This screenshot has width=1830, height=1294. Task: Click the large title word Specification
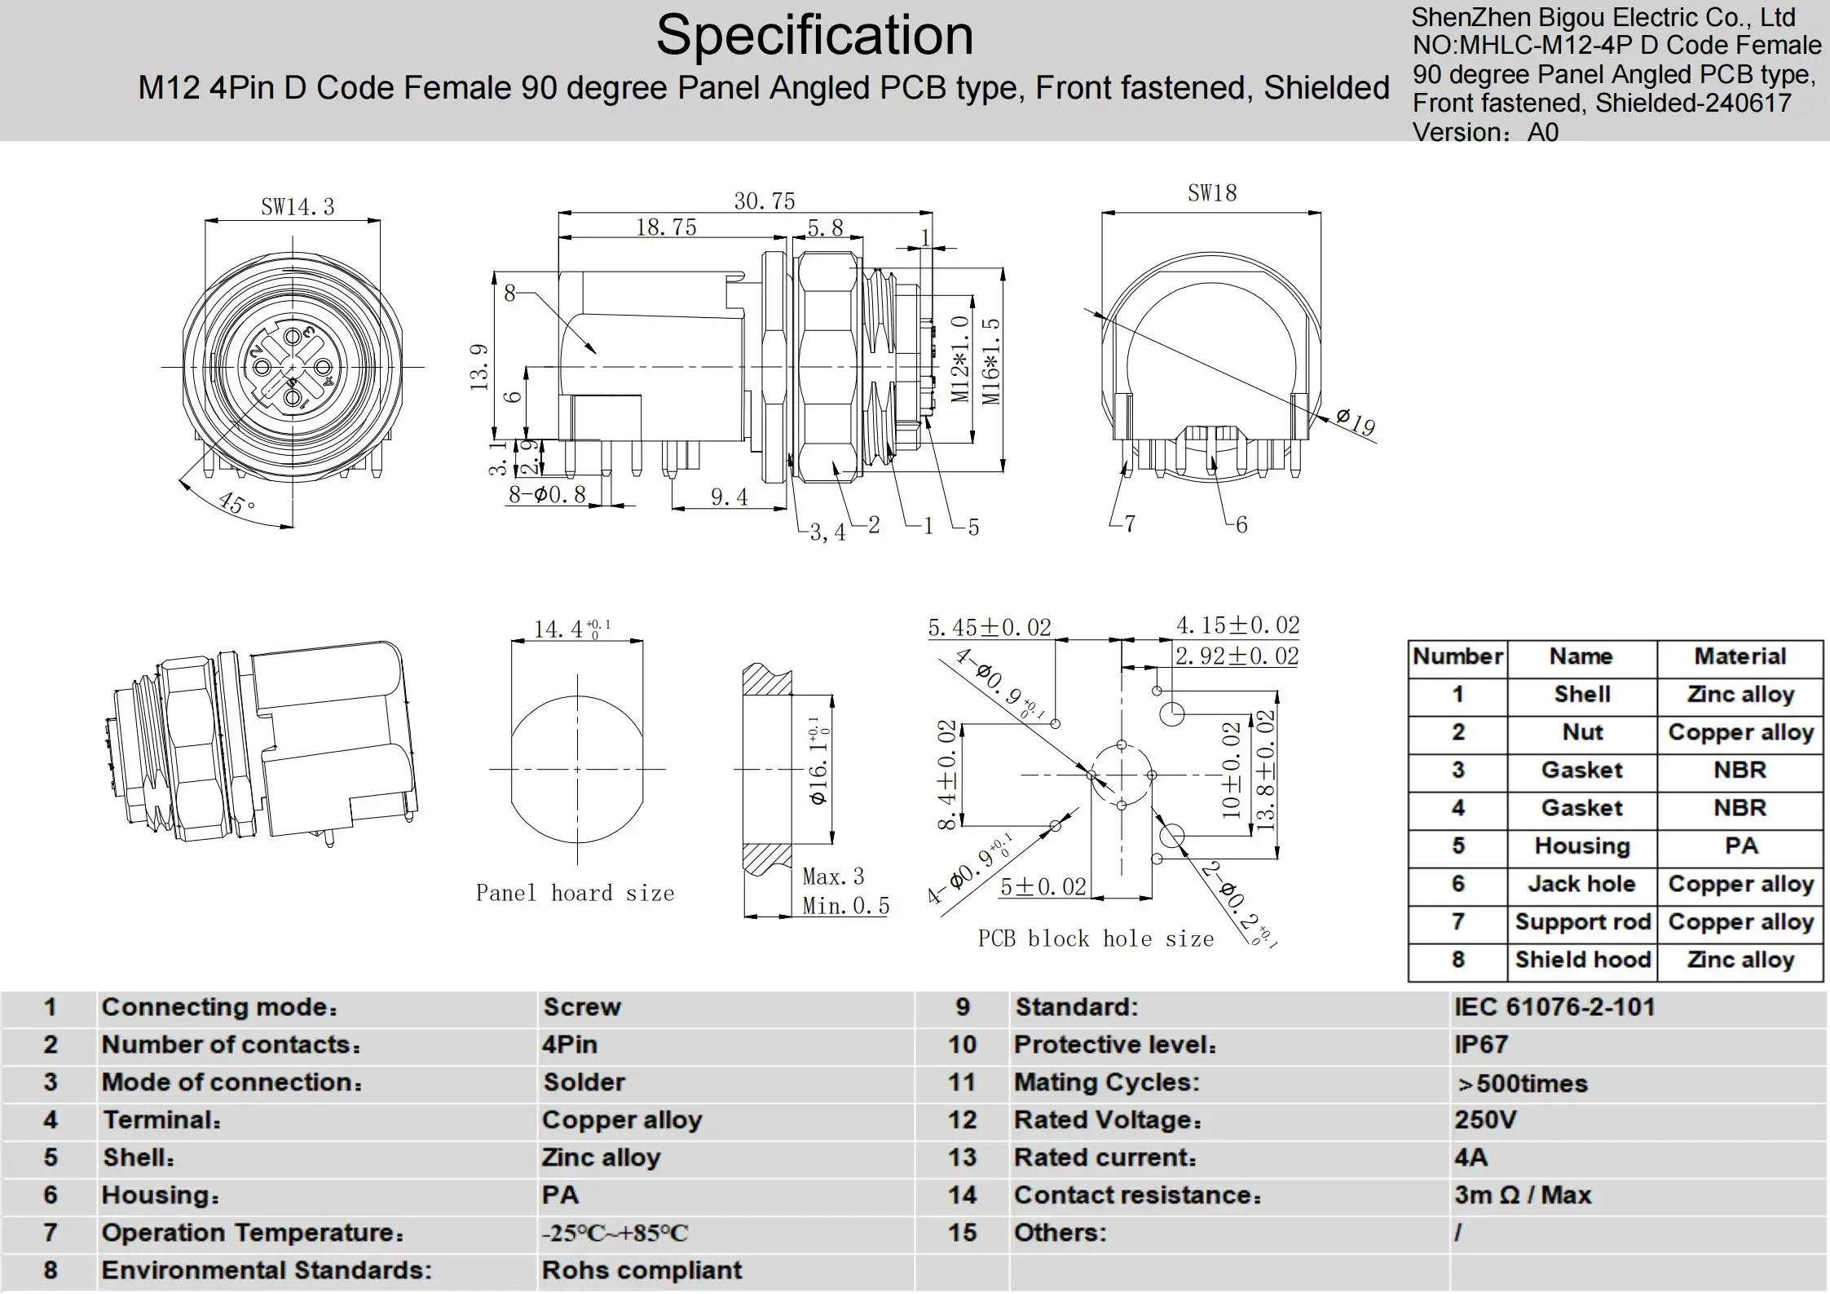[x=814, y=36]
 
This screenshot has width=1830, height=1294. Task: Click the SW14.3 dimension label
[x=298, y=207]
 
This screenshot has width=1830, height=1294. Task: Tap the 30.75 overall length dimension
[x=764, y=201]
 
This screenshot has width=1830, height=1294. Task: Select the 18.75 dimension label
[x=666, y=227]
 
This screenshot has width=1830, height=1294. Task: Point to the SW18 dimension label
[x=1211, y=193]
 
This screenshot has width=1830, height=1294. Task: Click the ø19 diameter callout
[x=1355, y=422]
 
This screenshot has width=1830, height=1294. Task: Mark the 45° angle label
[x=237, y=502]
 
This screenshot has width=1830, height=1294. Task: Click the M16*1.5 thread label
[x=990, y=360]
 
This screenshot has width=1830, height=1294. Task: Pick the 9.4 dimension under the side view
[x=729, y=497]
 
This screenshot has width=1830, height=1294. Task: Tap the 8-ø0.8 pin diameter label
[x=547, y=494]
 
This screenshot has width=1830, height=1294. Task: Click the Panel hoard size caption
[x=575, y=893]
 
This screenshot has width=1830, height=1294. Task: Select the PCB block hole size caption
[x=1095, y=938]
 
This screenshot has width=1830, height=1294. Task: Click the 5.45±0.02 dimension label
[x=989, y=627]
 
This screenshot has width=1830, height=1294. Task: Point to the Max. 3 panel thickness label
[x=833, y=877]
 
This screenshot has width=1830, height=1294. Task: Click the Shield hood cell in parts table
[x=1582, y=960]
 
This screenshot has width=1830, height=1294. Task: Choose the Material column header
[x=1740, y=656]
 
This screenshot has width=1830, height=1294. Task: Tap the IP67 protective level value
[x=1481, y=1044]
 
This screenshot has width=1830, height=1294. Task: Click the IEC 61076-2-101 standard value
[x=1554, y=1007]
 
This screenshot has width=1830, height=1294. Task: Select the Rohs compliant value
[x=642, y=1270]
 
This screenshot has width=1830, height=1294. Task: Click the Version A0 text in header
[x=1484, y=132]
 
